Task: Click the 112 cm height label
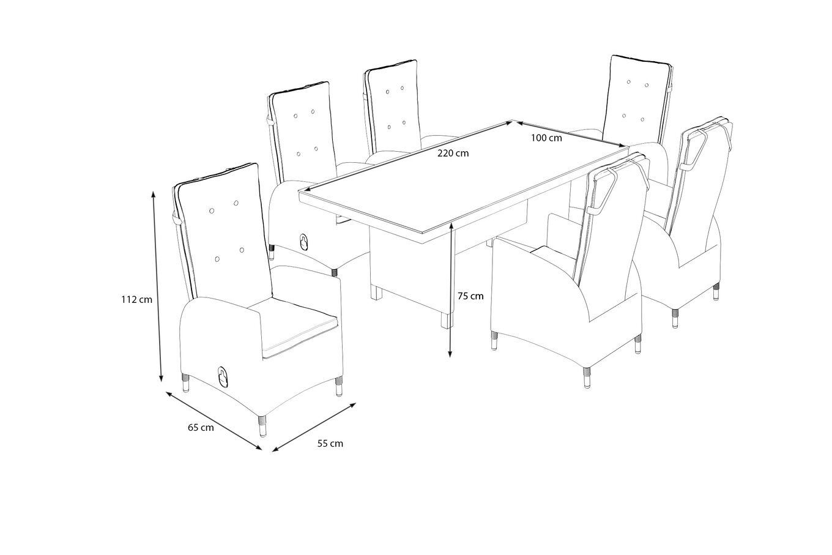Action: [x=136, y=299]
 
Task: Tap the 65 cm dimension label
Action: [x=201, y=428]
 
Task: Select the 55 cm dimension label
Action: [x=330, y=444]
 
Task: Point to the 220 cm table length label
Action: [x=453, y=153]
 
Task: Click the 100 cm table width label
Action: [x=546, y=138]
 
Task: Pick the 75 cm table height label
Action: [x=470, y=296]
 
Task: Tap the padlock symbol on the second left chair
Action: [x=304, y=242]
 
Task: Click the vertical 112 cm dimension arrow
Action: [x=157, y=286]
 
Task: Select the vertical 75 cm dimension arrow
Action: [x=450, y=290]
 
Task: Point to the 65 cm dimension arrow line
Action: [x=214, y=420]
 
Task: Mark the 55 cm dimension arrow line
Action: [x=314, y=427]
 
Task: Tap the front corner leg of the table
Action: [x=448, y=320]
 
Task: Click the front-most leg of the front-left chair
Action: [x=262, y=426]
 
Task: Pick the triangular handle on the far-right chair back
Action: [x=694, y=149]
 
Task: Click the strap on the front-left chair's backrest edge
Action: [x=177, y=219]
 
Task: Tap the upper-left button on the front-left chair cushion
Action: [x=212, y=210]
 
